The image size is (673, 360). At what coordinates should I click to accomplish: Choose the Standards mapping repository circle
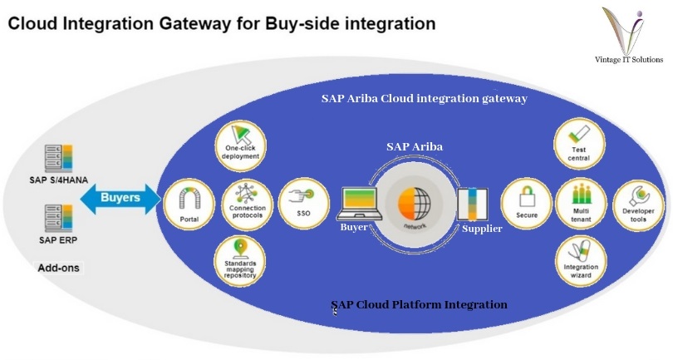[240, 259]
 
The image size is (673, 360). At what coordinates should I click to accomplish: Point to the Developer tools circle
[636, 201]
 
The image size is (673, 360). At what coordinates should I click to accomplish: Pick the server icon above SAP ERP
[61, 221]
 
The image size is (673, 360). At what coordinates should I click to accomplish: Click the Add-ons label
[57, 268]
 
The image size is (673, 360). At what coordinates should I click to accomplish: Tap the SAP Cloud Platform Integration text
[419, 304]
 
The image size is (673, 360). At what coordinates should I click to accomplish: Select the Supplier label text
[482, 229]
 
